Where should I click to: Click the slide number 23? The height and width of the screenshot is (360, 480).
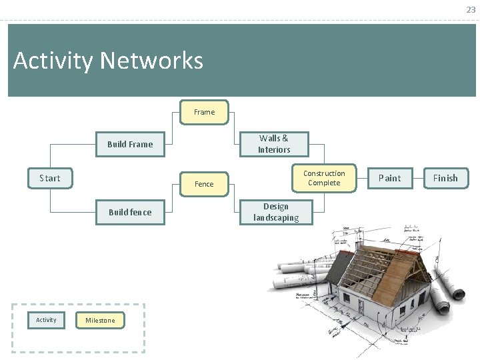(471, 10)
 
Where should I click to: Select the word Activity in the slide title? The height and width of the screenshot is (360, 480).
(53, 61)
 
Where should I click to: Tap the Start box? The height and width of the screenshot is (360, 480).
(50, 178)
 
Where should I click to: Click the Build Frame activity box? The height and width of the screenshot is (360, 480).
(130, 144)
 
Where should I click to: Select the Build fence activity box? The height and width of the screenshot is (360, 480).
(130, 212)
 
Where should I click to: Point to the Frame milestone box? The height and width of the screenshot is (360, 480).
(205, 112)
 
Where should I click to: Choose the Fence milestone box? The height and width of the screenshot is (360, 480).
(204, 184)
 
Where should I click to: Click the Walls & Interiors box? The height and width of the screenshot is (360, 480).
(274, 144)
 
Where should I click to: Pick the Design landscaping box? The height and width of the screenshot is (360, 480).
(276, 212)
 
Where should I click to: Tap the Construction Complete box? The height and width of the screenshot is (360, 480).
(324, 178)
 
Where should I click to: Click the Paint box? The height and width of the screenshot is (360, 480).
(390, 178)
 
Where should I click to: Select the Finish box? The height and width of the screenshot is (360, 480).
(445, 178)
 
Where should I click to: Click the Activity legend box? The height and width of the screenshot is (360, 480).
(46, 320)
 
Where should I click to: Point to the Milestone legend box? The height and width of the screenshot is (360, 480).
(100, 321)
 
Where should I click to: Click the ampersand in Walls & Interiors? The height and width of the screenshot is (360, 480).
(285, 139)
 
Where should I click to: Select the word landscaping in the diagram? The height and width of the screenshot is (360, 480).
(276, 217)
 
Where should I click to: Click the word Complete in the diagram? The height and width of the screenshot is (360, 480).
(324, 183)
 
